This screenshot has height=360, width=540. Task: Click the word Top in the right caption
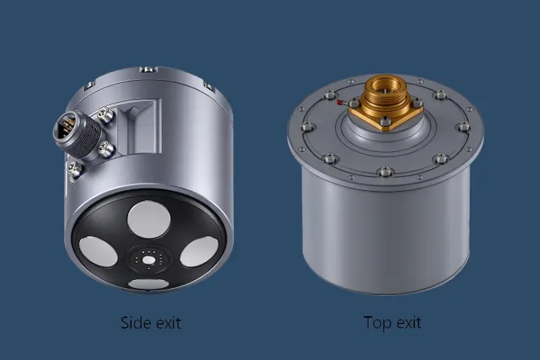[376, 323]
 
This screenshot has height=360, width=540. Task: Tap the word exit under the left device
[167, 322]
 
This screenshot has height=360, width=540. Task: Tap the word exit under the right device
[408, 322]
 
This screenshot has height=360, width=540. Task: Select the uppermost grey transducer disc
[149, 219]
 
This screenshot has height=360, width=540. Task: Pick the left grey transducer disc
[98, 251]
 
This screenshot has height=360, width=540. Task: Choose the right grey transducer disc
[199, 251]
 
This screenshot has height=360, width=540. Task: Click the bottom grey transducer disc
[149, 284]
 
